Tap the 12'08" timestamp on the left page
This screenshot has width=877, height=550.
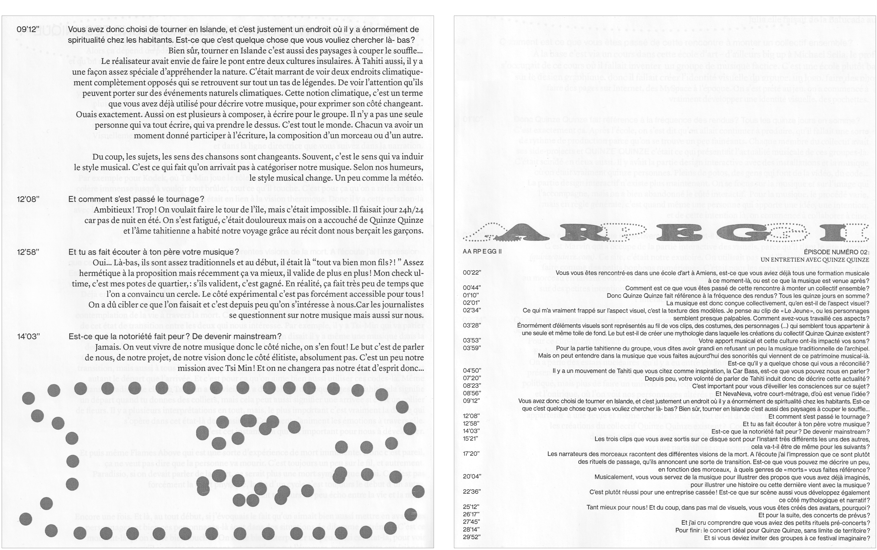point(28,199)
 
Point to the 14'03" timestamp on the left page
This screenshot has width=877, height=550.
point(28,337)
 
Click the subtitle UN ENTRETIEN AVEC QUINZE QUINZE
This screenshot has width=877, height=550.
point(815,260)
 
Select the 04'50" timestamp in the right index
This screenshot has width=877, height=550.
point(472,371)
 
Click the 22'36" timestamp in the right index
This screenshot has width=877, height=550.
point(472,491)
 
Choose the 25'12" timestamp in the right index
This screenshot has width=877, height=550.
point(472,507)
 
